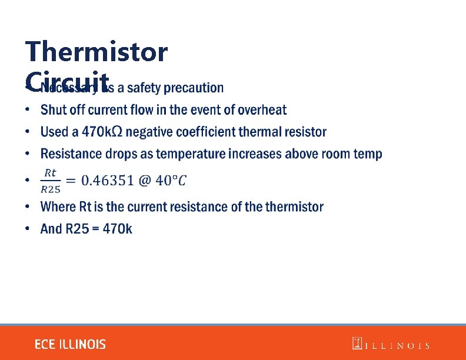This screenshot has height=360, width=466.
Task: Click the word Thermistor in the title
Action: pos(96,52)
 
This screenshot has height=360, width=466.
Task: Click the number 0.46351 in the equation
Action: pos(107,180)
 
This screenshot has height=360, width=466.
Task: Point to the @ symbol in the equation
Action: pos(145,180)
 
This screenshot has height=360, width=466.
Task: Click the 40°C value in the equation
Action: pos(171,180)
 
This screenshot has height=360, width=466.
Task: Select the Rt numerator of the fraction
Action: pos(51,172)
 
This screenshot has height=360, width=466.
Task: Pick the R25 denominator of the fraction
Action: pos(51,189)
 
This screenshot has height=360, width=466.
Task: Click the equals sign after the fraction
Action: pos(71,180)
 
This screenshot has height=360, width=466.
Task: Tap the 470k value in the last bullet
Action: pos(118,228)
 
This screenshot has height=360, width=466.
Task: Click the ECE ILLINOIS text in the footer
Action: pos(70,344)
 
